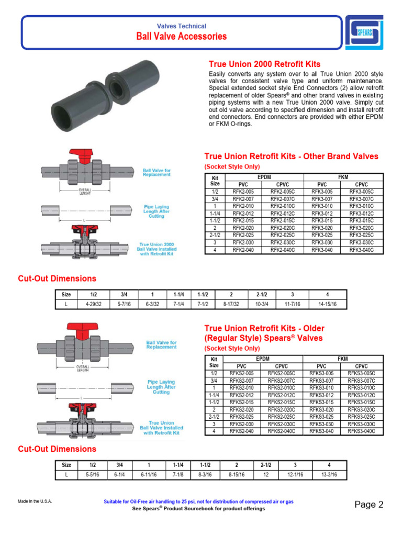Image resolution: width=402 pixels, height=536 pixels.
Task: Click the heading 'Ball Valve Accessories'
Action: point(182,37)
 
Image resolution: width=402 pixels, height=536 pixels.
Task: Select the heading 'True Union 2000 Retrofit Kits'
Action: point(264,64)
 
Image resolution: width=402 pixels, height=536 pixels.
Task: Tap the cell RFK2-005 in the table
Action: point(243,192)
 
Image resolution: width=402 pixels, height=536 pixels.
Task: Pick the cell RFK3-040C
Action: point(362,250)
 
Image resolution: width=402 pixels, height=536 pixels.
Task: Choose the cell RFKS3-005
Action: point(321,373)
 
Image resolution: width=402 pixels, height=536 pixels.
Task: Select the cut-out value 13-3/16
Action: point(329,475)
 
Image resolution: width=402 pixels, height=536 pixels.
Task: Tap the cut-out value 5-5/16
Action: point(93,475)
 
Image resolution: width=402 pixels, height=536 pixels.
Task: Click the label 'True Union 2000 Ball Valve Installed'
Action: point(157,247)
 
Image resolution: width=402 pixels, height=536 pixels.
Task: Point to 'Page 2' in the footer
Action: point(368,505)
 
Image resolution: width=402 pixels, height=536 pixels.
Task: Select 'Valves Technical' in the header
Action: point(182,26)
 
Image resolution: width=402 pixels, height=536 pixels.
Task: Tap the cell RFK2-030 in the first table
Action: point(243,243)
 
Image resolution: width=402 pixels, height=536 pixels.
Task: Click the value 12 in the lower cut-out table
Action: point(265,475)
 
